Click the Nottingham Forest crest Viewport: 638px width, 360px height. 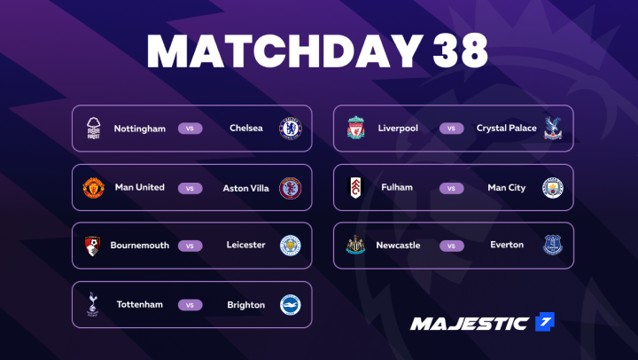94,129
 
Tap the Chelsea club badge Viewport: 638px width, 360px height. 290,129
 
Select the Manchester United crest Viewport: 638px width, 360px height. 94,188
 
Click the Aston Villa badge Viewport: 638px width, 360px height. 290,188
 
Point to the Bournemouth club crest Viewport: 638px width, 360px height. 92,246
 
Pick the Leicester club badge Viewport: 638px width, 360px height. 290,246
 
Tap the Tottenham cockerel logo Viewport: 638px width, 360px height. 93,304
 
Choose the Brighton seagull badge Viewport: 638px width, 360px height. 290,305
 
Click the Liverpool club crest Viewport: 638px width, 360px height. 355,128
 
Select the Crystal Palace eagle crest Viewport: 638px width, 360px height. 553,128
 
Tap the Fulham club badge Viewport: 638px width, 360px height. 355,188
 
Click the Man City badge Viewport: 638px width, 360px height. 553,188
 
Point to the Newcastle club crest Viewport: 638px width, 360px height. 355,245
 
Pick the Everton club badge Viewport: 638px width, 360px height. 553,245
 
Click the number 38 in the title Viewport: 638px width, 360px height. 460,51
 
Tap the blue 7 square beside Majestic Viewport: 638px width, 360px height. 545,322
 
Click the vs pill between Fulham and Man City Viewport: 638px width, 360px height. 451,188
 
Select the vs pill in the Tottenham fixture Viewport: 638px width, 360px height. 190,305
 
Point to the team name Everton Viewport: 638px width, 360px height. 507,245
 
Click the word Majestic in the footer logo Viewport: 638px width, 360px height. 470,324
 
